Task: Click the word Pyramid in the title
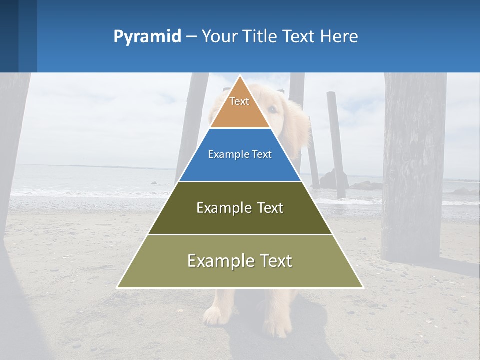point(147,36)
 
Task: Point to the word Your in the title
point(219,36)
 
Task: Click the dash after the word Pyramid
point(191,37)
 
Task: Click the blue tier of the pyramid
point(240,167)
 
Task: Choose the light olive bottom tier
point(240,275)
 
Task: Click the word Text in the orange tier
point(239,101)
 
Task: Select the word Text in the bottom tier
point(274,260)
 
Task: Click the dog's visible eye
point(271,109)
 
